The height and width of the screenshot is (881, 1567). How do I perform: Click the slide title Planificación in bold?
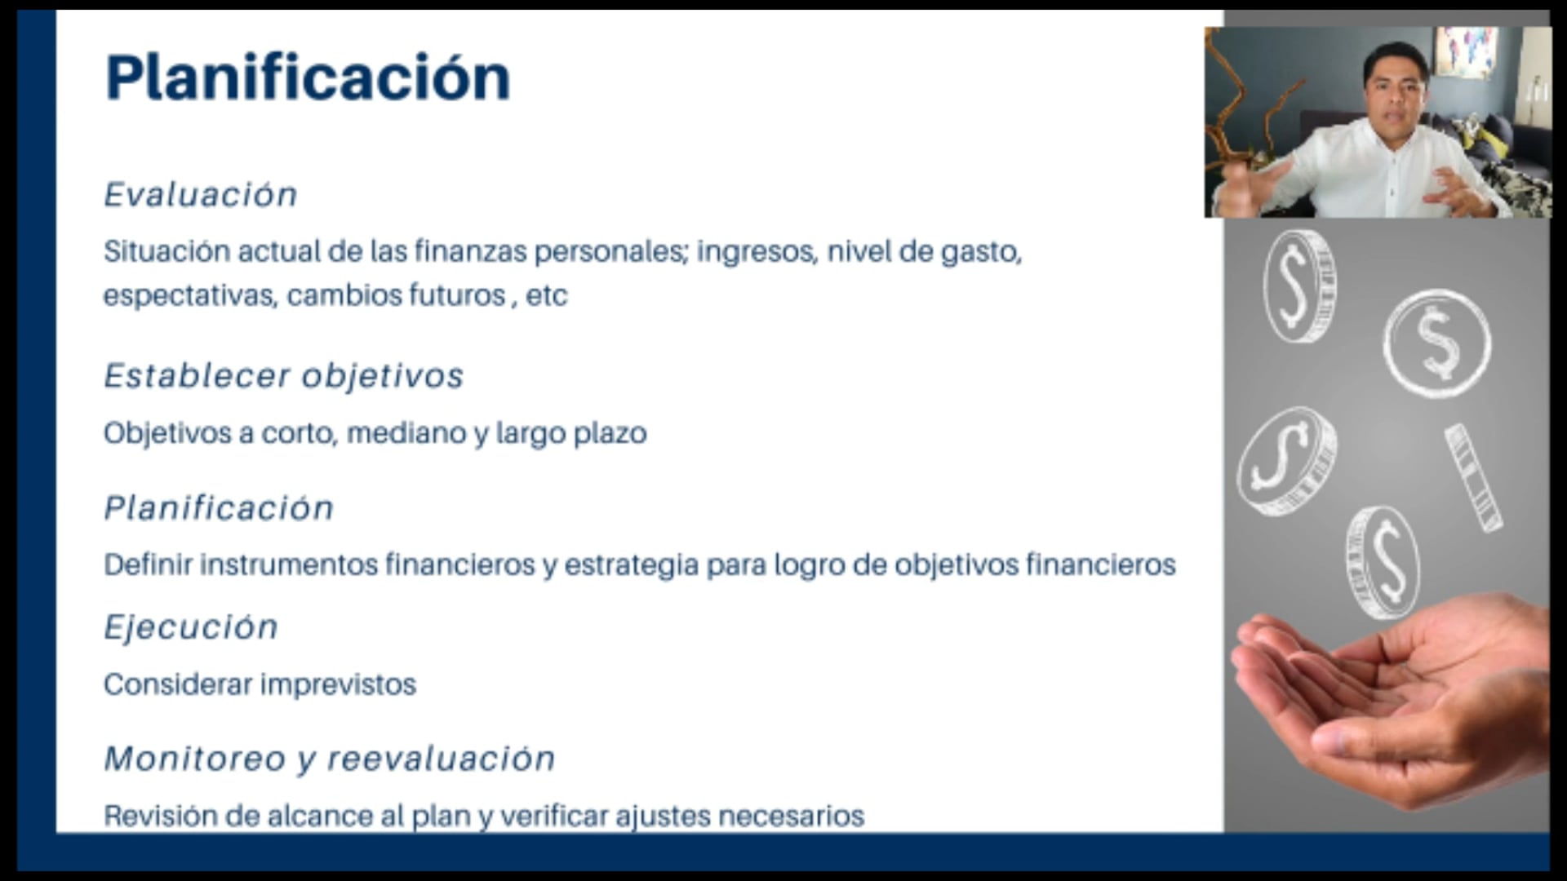tap(308, 77)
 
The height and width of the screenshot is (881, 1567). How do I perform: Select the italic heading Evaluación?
tap(201, 195)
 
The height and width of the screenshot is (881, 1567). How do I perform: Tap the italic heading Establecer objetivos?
tap(283, 376)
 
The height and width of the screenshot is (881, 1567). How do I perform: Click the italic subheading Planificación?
tap(219, 508)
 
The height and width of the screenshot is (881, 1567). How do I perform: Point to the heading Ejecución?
tap(191, 627)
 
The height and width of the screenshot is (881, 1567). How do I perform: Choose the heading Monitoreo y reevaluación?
tap(330, 759)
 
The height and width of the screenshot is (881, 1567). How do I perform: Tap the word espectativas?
tap(189, 295)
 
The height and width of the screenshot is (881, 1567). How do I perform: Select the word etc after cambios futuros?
tap(546, 295)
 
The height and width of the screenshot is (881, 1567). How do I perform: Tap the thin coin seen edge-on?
tap(1473, 478)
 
